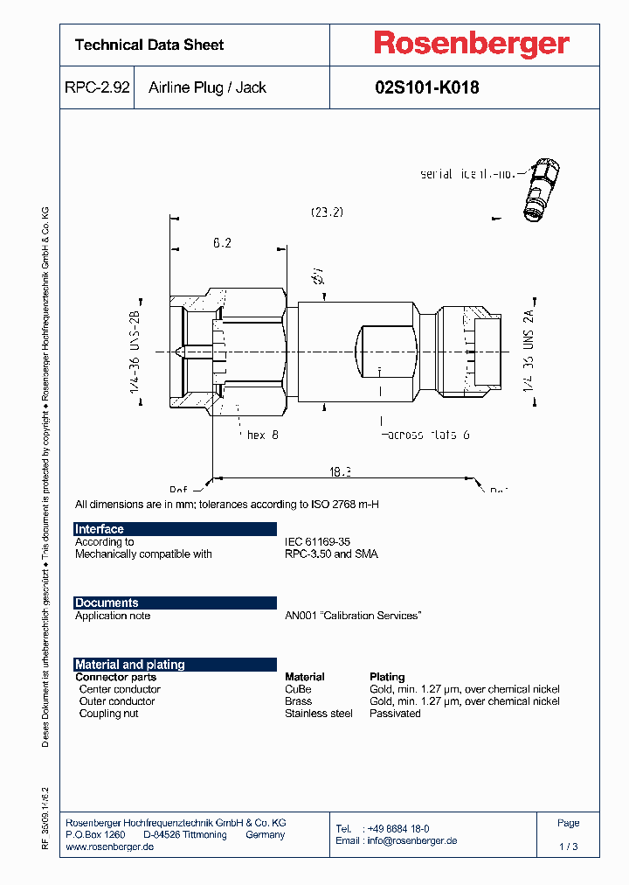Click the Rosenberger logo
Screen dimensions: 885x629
pos(472,44)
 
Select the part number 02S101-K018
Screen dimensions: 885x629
pos(426,87)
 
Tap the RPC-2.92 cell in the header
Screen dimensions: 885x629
pos(97,87)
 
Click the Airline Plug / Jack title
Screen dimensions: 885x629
pos(207,87)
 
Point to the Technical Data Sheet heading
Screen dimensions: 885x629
pos(149,45)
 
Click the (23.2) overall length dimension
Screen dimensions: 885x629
pos(327,212)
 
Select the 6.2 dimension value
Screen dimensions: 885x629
pos(222,243)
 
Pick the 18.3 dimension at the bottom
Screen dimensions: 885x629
pos(340,471)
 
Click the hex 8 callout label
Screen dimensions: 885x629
pos(262,435)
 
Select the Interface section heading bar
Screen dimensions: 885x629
pos(175,529)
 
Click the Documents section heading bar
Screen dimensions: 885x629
pos(175,603)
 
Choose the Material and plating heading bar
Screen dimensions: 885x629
pos(175,665)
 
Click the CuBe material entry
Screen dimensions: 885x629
pos(298,689)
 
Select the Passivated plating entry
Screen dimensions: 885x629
pos(395,714)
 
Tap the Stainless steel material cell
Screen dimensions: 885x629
pos(318,714)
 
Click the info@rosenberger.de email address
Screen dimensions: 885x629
pos(410,840)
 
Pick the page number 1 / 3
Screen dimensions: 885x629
pos(568,847)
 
